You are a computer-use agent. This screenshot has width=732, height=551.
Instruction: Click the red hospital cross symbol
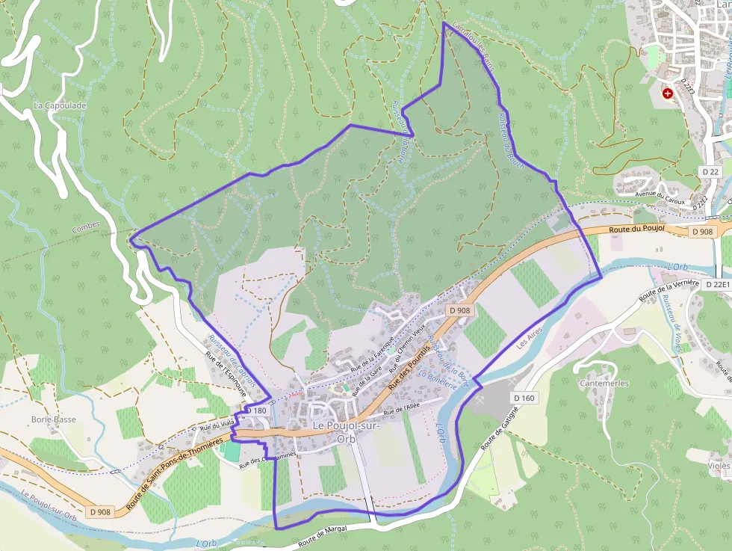668,94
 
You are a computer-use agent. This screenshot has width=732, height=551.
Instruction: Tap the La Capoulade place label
60,106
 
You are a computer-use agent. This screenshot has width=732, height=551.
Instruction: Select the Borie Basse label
54,419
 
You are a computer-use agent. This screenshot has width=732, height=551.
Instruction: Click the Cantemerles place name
604,384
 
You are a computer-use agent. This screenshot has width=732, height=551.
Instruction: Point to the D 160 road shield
524,398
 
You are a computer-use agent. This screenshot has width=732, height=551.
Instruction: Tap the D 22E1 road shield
716,284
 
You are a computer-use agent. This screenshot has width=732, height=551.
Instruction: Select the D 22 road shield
710,172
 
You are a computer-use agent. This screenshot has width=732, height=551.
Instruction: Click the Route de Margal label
322,537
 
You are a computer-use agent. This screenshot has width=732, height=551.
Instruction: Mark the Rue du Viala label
214,426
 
